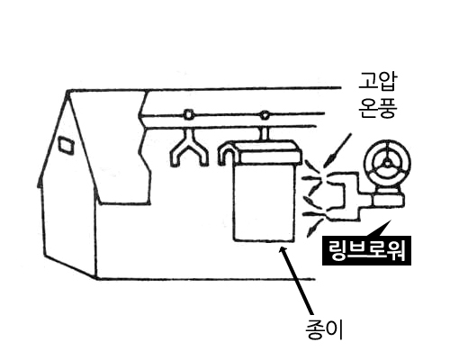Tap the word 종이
(x=324, y=329)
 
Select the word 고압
(x=378, y=82)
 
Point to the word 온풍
(x=378, y=107)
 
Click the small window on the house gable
(x=66, y=146)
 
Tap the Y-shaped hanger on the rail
(x=189, y=148)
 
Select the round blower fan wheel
(x=387, y=164)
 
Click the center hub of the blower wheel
(x=387, y=164)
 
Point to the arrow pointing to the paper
(x=297, y=280)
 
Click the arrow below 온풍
(x=339, y=149)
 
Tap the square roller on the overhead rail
(x=188, y=114)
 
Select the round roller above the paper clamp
(x=265, y=114)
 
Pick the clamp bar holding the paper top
(x=268, y=152)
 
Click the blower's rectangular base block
(x=388, y=201)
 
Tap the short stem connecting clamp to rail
(x=265, y=133)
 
